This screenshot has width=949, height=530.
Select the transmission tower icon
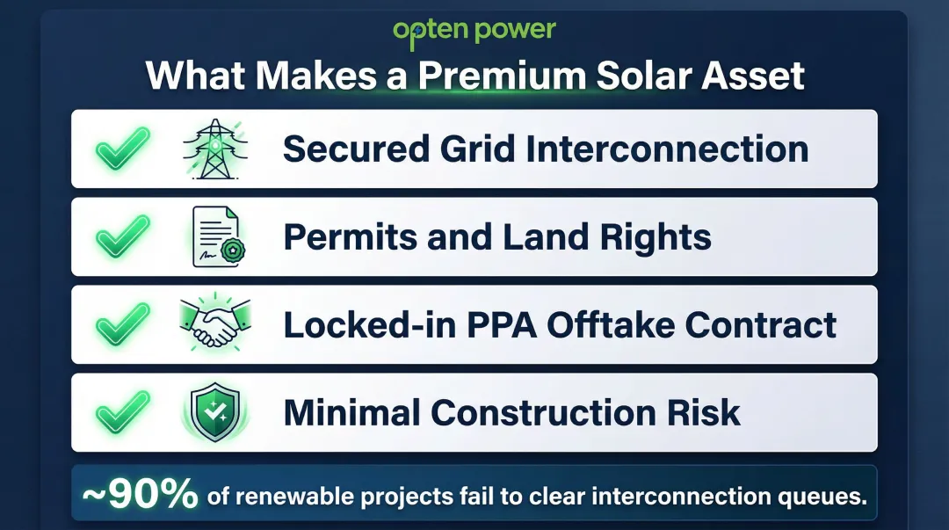[x=214, y=149]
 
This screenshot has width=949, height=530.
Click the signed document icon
[x=216, y=237]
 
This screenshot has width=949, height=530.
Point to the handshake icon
[x=214, y=325]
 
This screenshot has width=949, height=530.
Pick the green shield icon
[x=214, y=412]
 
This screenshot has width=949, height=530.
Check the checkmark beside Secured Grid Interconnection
[x=122, y=149]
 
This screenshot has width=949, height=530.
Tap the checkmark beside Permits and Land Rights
[x=122, y=237]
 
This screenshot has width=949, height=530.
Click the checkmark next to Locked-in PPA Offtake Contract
[x=122, y=325]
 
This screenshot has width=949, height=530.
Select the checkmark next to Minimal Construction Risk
[x=122, y=412]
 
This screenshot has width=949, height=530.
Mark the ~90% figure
[x=141, y=496]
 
